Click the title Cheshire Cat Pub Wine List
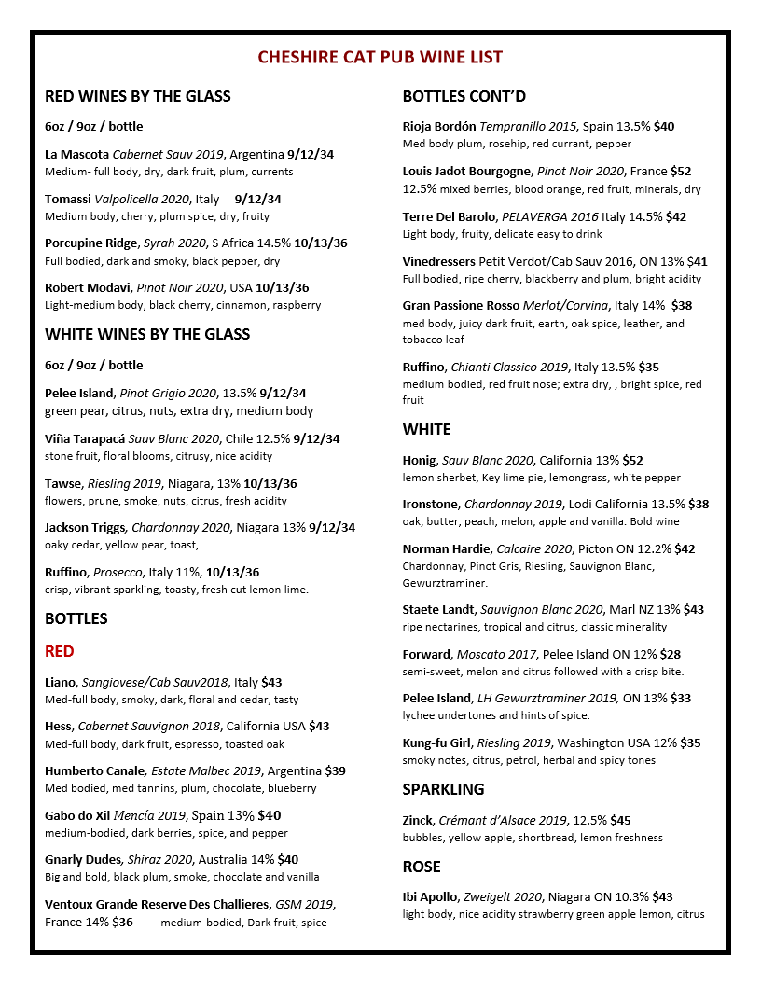380,58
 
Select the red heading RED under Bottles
60,651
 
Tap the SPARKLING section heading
443,789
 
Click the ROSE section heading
422,867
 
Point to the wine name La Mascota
76,155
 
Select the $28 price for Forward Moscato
670,655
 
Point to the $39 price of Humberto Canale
335,771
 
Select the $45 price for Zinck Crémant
620,821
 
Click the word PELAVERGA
537,216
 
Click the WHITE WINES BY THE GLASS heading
147,334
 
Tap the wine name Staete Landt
438,610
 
